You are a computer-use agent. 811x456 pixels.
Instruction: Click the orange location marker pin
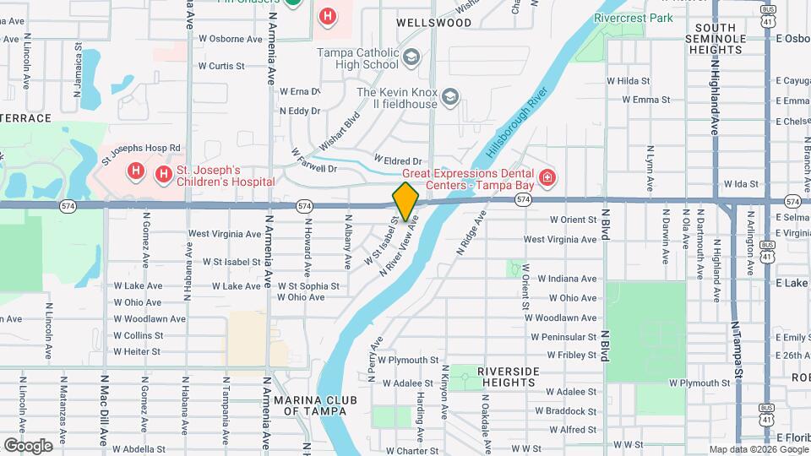pyautogui.click(x=405, y=201)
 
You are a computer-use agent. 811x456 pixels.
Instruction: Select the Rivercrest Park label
pyautogui.click(x=633, y=17)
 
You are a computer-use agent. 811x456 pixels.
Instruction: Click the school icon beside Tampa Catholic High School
pyautogui.click(x=411, y=57)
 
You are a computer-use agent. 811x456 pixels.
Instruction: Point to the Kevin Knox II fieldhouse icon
pyautogui.click(x=449, y=98)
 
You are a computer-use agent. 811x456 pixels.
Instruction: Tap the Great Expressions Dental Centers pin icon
pyautogui.click(x=547, y=177)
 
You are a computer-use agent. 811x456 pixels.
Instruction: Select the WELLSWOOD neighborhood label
pyautogui.click(x=433, y=23)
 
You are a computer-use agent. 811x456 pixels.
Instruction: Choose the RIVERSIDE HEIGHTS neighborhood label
pyautogui.click(x=507, y=377)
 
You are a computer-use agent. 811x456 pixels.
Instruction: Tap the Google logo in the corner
pyautogui.click(x=27, y=445)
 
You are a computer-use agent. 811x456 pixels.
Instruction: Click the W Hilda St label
pyautogui.click(x=628, y=81)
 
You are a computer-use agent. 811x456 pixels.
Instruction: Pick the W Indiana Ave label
pyautogui.click(x=566, y=279)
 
